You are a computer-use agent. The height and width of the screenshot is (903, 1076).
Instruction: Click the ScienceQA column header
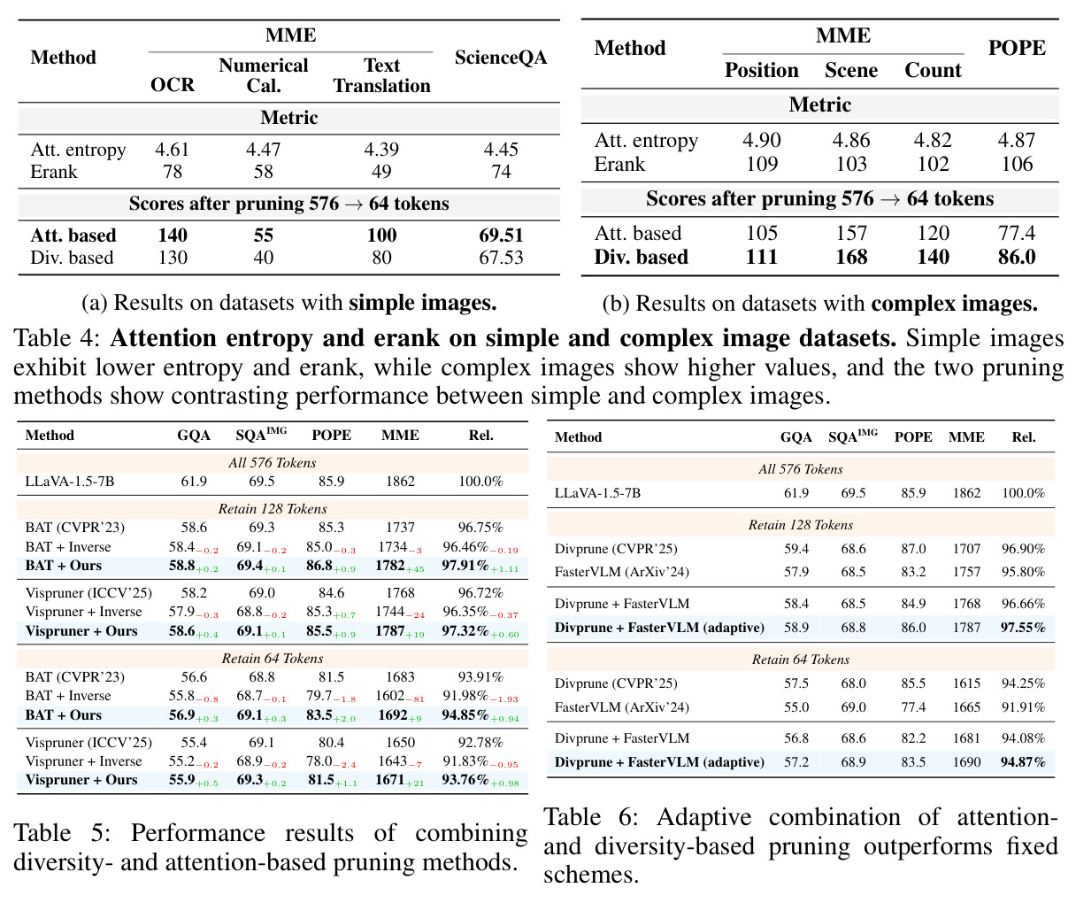point(500,57)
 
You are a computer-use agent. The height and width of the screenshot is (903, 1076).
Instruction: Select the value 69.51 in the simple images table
point(501,235)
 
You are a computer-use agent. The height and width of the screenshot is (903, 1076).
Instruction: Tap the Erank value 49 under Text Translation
point(381,171)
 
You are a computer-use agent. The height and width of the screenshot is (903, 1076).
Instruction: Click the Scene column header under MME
point(851,70)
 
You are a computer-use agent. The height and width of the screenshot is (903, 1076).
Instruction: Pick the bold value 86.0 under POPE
point(1016,257)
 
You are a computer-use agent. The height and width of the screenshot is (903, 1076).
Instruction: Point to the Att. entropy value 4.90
point(762,140)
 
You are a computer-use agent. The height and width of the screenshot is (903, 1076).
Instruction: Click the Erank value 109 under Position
point(762,164)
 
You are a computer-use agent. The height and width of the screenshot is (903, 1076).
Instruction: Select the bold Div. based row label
point(641,257)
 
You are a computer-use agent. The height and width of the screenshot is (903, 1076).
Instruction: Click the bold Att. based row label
point(73,235)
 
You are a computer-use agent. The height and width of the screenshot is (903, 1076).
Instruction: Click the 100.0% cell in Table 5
point(480,481)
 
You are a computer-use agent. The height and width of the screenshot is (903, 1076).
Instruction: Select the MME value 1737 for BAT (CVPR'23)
point(400,527)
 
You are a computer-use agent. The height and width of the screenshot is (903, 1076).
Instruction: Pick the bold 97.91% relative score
point(465,565)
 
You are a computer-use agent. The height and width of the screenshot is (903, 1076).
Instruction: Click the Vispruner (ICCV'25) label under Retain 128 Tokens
point(88,593)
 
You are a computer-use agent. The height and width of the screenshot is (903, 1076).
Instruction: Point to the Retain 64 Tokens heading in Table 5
point(272,658)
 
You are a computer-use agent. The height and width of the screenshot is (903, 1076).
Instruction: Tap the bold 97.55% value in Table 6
point(1022,628)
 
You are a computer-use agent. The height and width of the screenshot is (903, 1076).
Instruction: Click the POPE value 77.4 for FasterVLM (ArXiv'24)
point(913,706)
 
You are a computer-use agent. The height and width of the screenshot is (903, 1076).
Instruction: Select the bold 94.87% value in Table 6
point(1022,761)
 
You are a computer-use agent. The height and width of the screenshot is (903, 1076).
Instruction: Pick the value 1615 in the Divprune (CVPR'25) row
point(966,683)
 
